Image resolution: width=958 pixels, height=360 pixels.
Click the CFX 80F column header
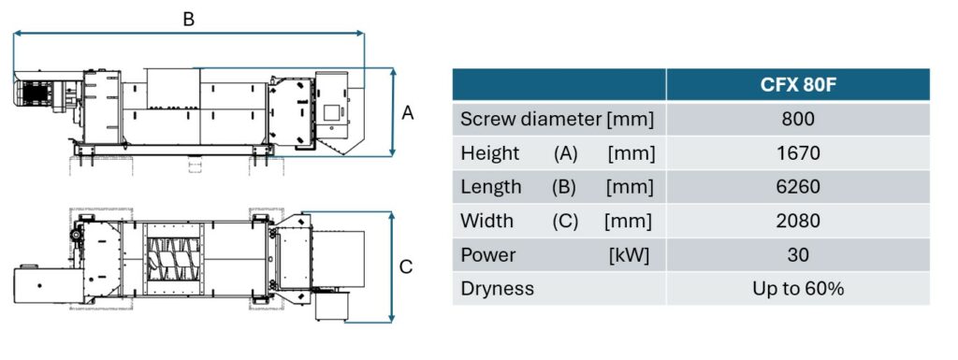click(797, 85)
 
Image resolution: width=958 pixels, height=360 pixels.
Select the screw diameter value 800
click(798, 120)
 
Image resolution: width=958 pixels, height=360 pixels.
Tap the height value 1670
click(798, 153)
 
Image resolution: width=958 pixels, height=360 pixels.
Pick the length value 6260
click(798, 187)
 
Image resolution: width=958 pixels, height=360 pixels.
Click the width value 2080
click(798, 221)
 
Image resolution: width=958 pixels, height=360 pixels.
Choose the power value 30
click(798, 254)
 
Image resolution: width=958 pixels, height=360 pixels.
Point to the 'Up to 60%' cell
click(798, 288)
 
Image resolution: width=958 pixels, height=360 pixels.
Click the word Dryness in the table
click(497, 289)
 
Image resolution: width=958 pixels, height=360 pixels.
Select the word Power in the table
click(488, 254)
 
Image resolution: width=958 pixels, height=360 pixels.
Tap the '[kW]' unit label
click(629, 255)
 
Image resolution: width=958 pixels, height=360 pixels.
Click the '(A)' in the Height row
click(565, 153)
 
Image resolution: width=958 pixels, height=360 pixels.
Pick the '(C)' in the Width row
click(565, 221)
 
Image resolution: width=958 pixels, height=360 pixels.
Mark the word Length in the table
click(491, 187)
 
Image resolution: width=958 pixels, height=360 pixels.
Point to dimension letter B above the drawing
click(189, 20)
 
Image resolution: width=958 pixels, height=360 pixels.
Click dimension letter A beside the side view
click(408, 113)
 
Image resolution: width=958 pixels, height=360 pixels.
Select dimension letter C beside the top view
click(406, 267)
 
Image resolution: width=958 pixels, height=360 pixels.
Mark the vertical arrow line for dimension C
click(392, 266)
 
